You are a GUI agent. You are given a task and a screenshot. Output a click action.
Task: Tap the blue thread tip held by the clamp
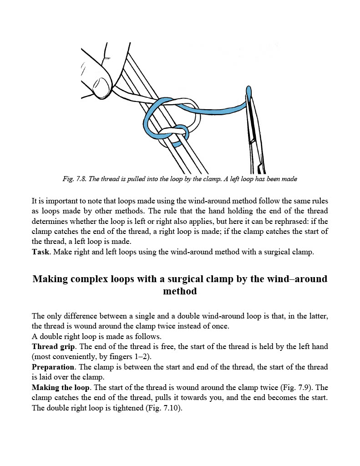248,91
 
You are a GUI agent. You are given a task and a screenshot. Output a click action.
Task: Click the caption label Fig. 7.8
74,179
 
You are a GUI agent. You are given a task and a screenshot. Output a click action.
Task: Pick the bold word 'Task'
41,252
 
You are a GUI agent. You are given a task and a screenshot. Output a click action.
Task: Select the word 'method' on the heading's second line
180,291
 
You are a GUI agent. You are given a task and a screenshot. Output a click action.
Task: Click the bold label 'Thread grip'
53,347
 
